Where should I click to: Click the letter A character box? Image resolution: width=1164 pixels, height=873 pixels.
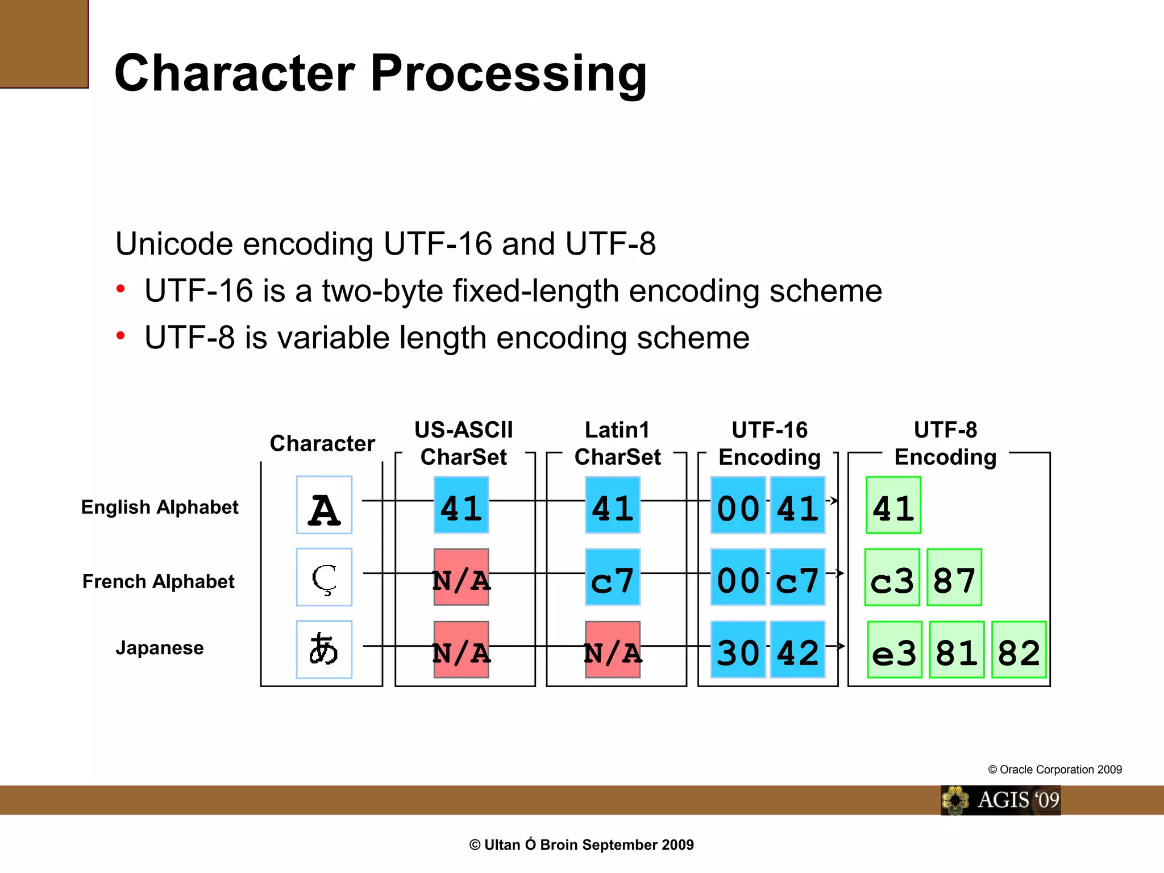324,505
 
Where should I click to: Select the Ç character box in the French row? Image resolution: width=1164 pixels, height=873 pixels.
324,577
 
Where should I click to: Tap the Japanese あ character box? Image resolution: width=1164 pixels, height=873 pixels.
324,649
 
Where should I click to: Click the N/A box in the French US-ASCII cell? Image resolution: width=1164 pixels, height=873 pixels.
461,577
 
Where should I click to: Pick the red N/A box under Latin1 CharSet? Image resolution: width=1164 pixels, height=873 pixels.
613,649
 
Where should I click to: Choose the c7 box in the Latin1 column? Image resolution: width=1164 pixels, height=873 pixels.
613,577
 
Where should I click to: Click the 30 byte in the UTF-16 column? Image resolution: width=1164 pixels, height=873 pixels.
738,649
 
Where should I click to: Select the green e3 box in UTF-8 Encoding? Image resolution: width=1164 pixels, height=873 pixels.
895,649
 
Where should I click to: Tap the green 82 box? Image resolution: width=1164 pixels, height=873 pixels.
1018,649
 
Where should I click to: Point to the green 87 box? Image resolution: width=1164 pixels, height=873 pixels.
954,577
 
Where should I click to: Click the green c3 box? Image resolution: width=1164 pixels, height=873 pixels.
892,577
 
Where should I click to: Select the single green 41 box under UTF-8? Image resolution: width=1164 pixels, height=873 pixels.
893,505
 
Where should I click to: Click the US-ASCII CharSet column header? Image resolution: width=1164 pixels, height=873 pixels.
464,443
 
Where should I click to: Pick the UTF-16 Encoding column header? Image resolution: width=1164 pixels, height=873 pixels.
770,443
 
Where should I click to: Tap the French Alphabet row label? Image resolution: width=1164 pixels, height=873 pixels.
158,581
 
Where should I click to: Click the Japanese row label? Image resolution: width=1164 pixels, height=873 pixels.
159,648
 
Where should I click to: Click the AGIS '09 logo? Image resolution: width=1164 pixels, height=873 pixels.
1001,800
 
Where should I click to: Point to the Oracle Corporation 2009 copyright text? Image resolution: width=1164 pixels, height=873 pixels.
1055,770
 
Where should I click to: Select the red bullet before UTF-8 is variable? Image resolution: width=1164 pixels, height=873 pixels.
120,336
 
